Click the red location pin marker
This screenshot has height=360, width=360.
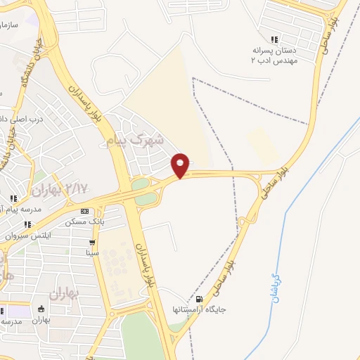click(181, 165)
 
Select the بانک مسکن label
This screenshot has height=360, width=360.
click(80, 222)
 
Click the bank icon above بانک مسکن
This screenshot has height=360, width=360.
click(84, 211)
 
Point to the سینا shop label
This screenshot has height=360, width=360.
click(91, 252)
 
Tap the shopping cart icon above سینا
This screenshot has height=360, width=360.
click(91, 242)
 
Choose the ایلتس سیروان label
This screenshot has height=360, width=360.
click(24, 236)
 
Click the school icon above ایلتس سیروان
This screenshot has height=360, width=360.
click(27, 225)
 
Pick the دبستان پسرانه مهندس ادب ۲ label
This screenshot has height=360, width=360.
click(276, 56)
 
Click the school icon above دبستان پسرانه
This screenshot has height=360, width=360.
click(274, 39)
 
